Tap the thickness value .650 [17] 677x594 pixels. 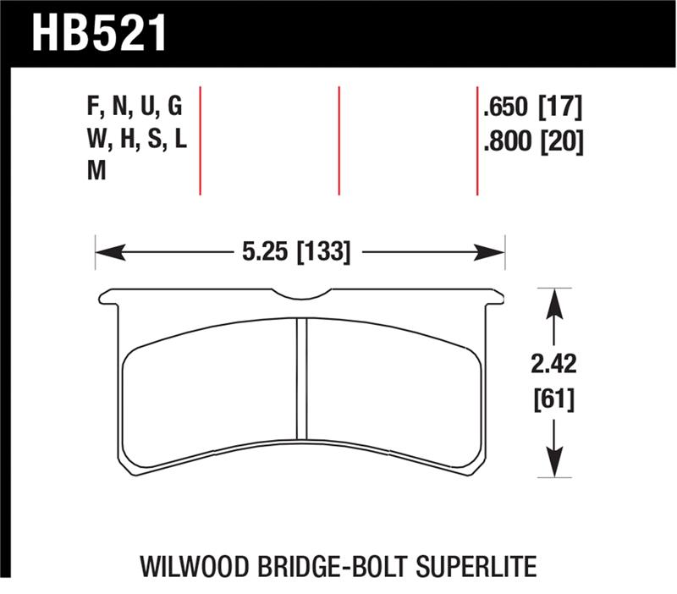[531, 107]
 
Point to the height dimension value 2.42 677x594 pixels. [553, 365]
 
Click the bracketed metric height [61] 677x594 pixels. [553, 397]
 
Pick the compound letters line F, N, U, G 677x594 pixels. [134, 107]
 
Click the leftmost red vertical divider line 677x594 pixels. [200, 140]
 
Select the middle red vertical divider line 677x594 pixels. [338, 140]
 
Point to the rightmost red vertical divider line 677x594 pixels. [477, 140]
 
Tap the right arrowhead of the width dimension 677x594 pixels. [494, 252]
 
